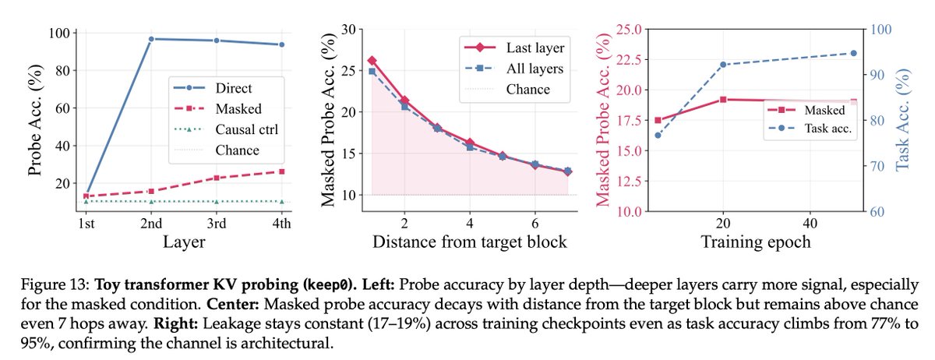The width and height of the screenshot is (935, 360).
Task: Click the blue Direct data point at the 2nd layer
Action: coord(150,39)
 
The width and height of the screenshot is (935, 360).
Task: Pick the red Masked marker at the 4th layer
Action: coord(281,171)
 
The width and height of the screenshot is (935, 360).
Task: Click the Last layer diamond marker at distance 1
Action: coord(372,60)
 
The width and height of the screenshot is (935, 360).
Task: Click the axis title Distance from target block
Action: coord(470,242)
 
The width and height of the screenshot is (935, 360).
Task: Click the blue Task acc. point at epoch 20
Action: coord(723,64)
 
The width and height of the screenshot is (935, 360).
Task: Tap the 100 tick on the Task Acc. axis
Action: coord(880,30)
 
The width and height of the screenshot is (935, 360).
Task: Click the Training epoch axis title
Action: coord(755,242)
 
